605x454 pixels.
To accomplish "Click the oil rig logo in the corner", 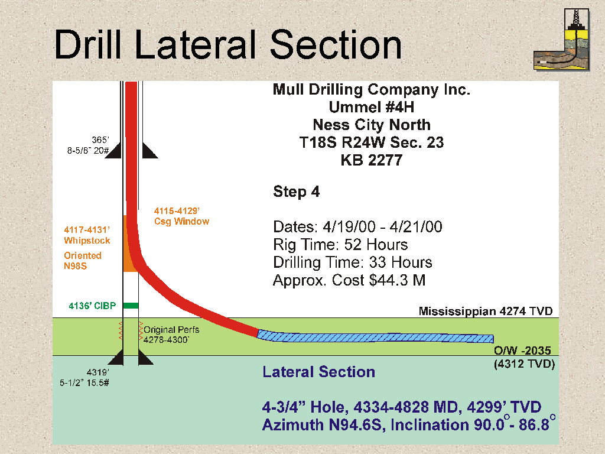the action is tap(562, 40).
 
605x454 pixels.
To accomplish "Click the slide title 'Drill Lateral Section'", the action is tap(228, 45).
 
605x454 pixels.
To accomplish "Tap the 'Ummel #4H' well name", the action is tap(372, 107).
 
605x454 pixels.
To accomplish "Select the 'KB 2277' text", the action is tap(372, 160).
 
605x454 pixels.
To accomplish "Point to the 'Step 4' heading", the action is tap(297, 192).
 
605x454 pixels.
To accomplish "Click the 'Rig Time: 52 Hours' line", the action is tap(340, 244).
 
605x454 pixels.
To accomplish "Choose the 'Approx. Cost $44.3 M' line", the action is tap(349, 280).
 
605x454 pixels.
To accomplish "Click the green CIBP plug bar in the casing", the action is tap(131, 306).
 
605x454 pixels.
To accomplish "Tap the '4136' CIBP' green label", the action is tap(92, 306).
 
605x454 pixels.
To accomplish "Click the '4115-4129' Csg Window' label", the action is tap(182, 216).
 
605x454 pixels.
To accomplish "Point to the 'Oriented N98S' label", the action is tap(83, 261).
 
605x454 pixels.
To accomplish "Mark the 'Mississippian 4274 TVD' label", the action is tap(486, 311).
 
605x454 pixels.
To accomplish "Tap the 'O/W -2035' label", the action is tap(522, 351).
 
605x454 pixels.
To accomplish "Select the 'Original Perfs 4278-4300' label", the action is tap(171, 335).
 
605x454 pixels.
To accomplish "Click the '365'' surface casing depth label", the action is tap(100, 140).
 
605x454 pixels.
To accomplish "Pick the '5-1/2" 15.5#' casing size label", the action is tap(84, 382).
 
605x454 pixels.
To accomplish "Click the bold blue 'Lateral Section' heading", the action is tap(318, 372).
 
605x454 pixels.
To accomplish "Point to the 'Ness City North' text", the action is tap(372, 125).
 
